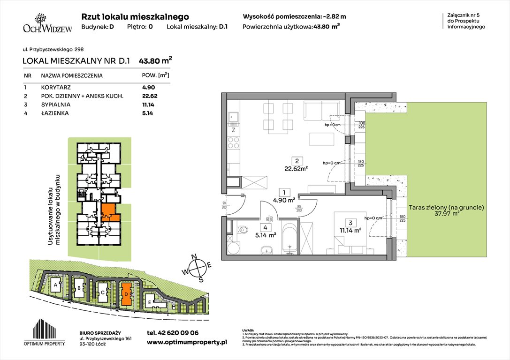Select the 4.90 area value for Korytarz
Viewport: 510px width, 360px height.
148,87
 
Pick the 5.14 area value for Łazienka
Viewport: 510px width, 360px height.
148,113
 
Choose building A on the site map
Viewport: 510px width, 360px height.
56,285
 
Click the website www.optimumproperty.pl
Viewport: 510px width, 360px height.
187,343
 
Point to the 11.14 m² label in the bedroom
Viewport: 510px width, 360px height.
350,230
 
